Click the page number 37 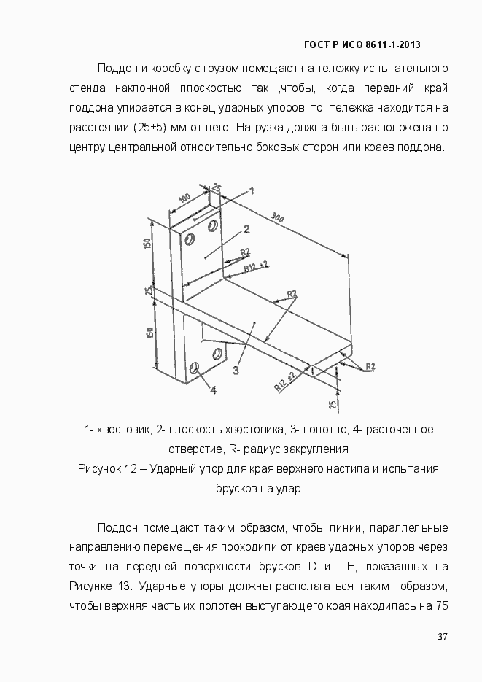(x=442, y=637)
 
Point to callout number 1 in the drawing (x=251, y=190)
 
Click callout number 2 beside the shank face (x=246, y=229)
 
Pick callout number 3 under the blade (x=236, y=370)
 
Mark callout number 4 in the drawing (x=213, y=390)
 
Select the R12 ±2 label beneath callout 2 (x=254, y=267)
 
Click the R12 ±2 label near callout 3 (x=284, y=381)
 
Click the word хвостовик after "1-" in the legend (x=123, y=429)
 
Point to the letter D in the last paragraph (x=311, y=566)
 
